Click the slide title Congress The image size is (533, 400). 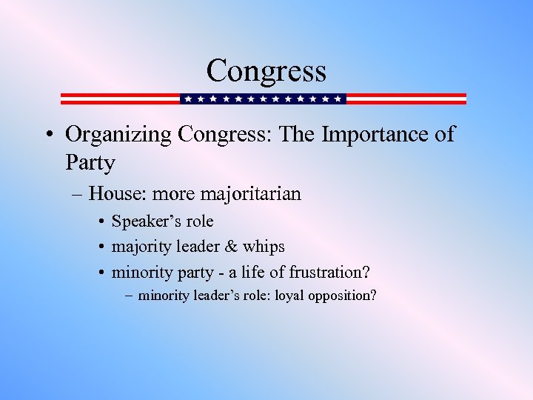click(266, 71)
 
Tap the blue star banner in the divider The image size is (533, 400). click(264, 99)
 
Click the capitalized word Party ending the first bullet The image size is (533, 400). click(90, 161)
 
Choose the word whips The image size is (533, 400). click(266, 246)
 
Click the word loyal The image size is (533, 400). click(293, 296)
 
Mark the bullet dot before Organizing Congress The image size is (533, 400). click(48, 136)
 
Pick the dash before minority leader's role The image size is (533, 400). click(130, 296)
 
